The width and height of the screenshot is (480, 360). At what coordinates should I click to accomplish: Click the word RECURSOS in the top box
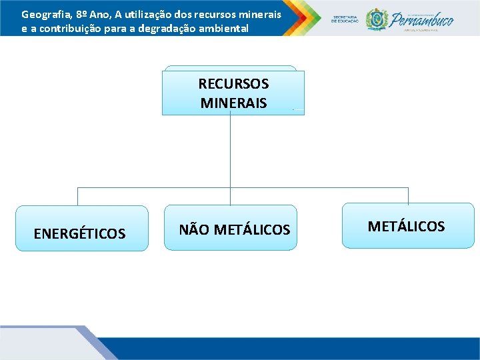pos(233,84)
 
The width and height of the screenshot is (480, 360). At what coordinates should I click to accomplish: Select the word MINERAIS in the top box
pos(233,103)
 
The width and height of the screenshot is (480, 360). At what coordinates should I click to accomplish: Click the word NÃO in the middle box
pos(194,230)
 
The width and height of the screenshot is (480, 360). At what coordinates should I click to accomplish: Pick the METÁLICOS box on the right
pos(407,225)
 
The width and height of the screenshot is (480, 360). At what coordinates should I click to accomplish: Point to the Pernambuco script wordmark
pos(423,20)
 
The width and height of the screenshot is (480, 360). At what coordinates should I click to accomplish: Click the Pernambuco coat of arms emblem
pos(377,19)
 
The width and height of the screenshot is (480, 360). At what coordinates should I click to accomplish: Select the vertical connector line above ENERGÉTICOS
pos(78,196)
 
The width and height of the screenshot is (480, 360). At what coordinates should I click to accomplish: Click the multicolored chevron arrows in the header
pos(304,17)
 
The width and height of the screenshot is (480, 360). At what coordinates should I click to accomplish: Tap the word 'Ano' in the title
pos(111,14)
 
